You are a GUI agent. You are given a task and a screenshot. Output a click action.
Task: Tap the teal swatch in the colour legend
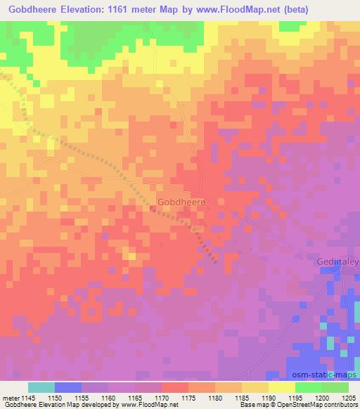click(x=41, y=388)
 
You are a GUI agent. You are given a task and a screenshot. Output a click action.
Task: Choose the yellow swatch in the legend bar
click(x=282, y=388)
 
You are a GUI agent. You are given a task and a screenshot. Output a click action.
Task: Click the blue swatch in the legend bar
click(x=67, y=388)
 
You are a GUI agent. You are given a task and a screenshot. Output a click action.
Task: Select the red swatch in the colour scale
click(x=175, y=388)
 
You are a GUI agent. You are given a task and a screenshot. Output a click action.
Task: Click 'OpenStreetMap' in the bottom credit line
click(x=288, y=404)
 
